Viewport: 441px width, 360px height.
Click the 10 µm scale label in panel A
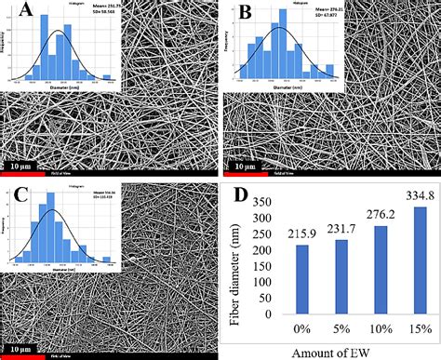click(x=26, y=167)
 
